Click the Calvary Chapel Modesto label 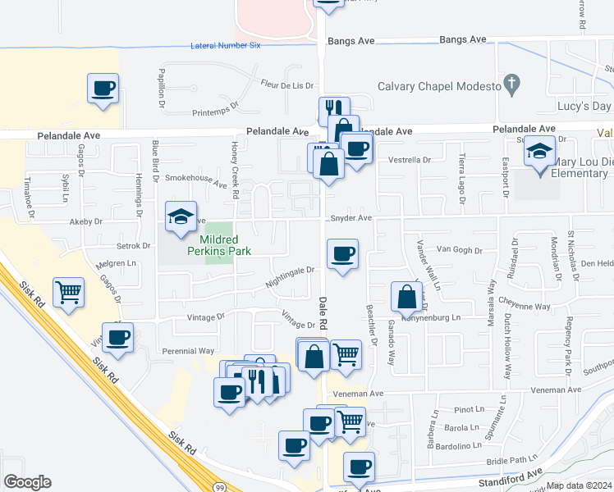click(x=439, y=86)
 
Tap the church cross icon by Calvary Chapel click(x=512, y=83)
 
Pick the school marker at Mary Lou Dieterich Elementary click(x=540, y=153)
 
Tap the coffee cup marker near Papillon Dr click(x=103, y=89)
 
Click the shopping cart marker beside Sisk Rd click(x=69, y=291)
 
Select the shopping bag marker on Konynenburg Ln click(x=406, y=298)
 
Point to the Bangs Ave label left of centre click(x=351, y=39)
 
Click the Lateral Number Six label click(x=225, y=45)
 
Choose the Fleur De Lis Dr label click(x=287, y=85)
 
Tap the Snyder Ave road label click(x=351, y=218)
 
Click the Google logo click(x=27, y=482)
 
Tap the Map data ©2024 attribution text click(x=579, y=485)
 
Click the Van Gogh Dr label click(x=457, y=248)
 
